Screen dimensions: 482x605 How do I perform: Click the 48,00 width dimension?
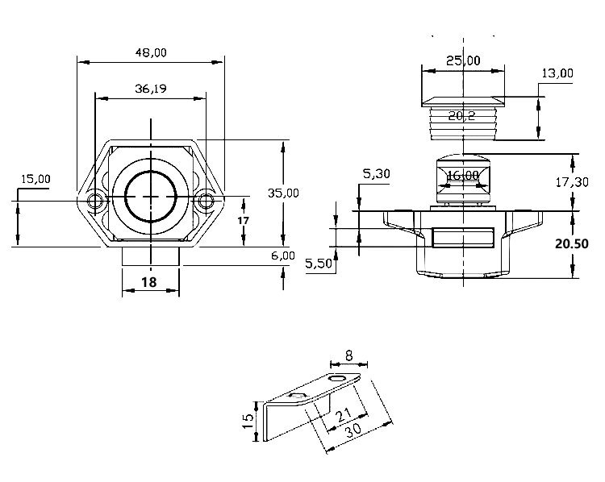point(151,52)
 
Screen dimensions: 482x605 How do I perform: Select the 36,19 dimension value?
point(151,89)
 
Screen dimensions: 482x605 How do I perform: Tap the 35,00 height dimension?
point(283,193)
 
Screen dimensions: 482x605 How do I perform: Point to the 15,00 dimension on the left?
point(35,179)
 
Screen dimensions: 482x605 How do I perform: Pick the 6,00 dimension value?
point(283,255)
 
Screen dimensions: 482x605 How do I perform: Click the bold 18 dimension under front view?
point(149,282)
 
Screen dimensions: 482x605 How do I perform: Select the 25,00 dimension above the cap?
point(463,60)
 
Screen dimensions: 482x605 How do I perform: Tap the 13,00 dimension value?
point(557,73)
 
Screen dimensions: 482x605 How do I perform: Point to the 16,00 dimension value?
point(462,176)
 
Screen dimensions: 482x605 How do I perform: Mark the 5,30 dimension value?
point(378,173)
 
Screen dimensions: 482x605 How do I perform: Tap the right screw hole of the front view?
point(207,200)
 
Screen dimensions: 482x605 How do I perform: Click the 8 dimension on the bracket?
point(348,354)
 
